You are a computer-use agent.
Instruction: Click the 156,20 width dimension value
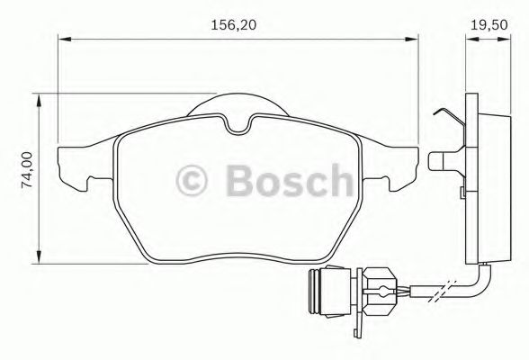click(x=237, y=25)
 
